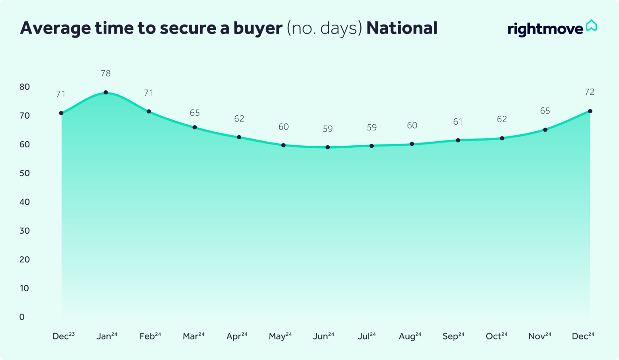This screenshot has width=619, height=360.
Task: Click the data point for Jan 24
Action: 106,92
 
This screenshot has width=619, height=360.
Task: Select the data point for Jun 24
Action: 328,147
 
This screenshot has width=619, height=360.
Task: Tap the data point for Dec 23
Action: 61,113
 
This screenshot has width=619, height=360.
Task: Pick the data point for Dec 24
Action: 590,111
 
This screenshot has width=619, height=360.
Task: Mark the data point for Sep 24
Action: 458,140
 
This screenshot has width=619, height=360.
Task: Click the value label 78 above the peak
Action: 106,73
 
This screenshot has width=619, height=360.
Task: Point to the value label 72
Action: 590,92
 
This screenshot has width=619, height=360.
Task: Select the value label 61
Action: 458,122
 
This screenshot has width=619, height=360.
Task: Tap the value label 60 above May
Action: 284,127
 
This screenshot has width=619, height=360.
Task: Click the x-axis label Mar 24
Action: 194,336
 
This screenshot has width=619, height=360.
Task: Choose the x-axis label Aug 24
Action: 410,336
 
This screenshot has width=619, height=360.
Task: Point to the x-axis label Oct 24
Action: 497,336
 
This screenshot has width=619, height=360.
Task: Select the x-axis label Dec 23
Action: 64,336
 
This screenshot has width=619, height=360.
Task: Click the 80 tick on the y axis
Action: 25,87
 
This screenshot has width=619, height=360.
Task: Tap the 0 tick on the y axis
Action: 22,317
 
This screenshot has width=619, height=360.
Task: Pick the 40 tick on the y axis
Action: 25,202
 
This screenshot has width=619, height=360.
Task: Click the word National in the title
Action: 402,28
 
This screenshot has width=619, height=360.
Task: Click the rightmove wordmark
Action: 545,29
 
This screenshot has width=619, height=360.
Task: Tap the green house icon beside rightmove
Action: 591,25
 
